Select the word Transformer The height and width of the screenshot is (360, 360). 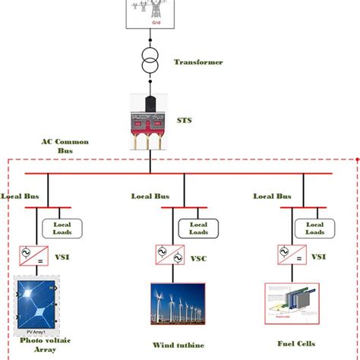tap(198, 62)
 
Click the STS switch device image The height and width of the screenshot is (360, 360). tap(150, 120)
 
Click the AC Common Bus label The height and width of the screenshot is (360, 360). tap(67, 147)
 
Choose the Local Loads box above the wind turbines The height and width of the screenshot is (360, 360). tap(198, 229)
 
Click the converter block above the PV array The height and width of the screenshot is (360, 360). tap(34, 255)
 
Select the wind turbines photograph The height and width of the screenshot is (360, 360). tap(178, 307)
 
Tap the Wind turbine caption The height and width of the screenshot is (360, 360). tap(178, 346)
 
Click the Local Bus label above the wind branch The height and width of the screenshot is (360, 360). tap(150, 196)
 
